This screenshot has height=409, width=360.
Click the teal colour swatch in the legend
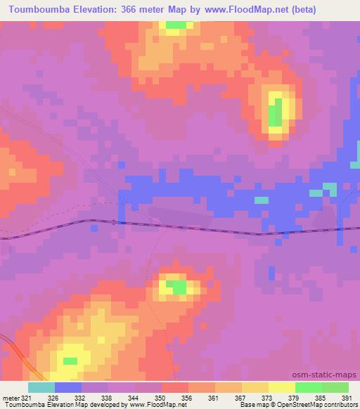tap(41, 387)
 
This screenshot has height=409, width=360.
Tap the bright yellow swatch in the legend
tap(281, 387)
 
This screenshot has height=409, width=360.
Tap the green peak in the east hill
tap(276, 112)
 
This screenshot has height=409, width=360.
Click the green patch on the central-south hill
tap(180, 287)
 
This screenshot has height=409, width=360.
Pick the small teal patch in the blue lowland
tap(262, 200)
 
